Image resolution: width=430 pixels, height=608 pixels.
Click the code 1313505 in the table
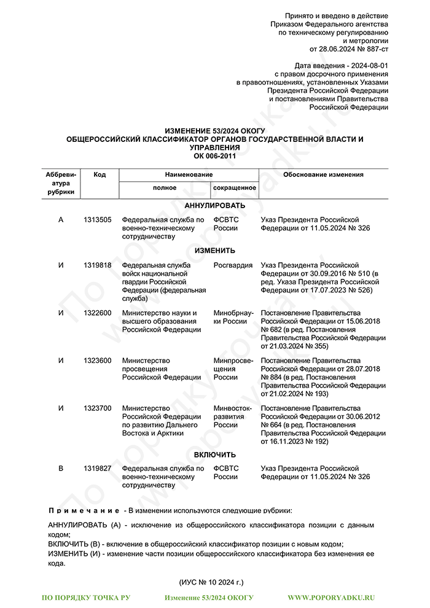pyautogui.click(x=98, y=220)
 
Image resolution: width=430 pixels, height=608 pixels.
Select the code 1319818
pyautogui.click(x=98, y=265)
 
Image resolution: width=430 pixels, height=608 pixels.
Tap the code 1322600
pyautogui.click(x=98, y=313)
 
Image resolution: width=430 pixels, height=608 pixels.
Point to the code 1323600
pyautogui.click(x=98, y=361)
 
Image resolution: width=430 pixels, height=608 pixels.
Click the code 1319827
pyautogui.click(x=98, y=469)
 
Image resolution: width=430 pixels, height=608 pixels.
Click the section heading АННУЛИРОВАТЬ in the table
pyautogui.click(x=215, y=205)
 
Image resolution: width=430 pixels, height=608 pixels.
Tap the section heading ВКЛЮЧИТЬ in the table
pyautogui.click(x=215, y=454)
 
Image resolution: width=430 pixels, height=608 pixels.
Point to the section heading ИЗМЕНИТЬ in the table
pyautogui.click(x=215, y=251)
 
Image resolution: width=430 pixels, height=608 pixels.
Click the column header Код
pyautogui.click(x=100, y=175)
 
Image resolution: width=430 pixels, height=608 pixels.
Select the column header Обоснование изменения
pyautogui.click(x=323, y=175)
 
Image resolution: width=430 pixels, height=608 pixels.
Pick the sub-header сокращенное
pyautogui.click(x=234, y=187)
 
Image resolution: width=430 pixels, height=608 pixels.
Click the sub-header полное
pyautogui.click(x=165, y=187)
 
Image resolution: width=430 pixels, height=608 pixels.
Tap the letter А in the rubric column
pyautogui.click(x=60, y=220)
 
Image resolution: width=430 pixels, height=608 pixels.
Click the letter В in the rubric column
pyautogui.click(x=60, y=469)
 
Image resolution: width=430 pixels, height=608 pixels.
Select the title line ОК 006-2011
pyautogui.click(x=215, y=156)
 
